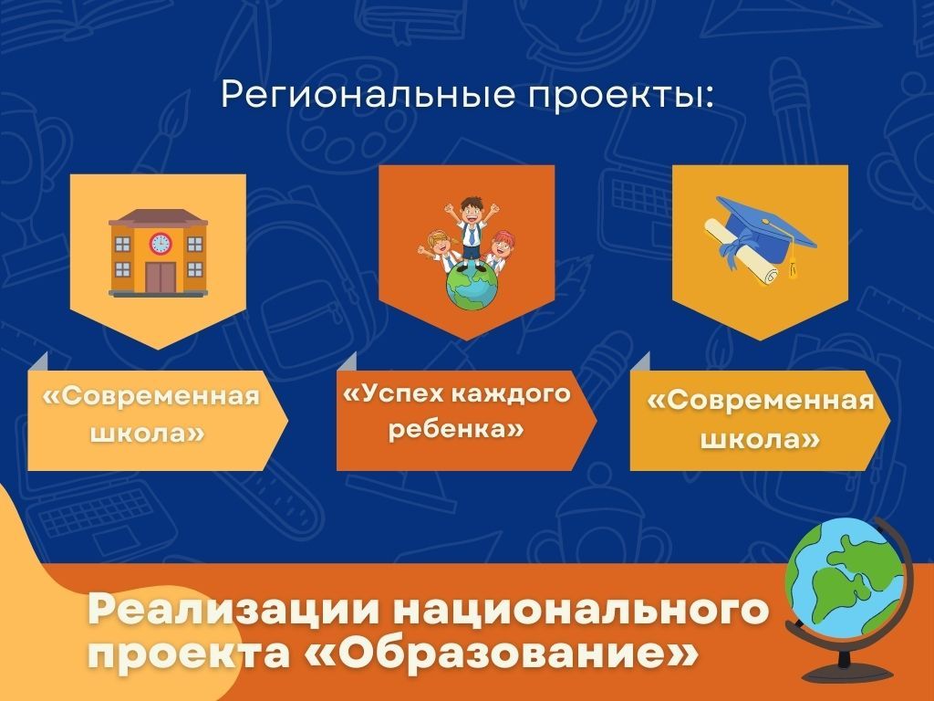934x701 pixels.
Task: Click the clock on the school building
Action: pos(160,243)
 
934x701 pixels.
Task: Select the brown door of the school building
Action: pos(161,277)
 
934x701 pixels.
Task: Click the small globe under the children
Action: pos(472,287)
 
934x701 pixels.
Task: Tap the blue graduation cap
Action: pos(765,225)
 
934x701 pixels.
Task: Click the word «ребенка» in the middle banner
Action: pos(456,429)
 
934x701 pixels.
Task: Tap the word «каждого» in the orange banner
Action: pos(511,394)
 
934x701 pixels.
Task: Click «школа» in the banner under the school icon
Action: pos(147,433)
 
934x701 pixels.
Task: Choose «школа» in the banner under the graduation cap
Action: pos(760,440)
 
